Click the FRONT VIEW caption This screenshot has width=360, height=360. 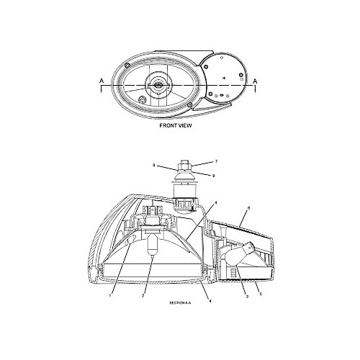click(x=176, y=125)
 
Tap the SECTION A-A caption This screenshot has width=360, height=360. click(x=180, y=303)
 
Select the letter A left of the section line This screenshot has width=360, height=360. click(x=102, y=81)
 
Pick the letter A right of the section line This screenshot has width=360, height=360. click(x=255, y=81)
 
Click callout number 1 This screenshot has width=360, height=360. click(x=110, y=296)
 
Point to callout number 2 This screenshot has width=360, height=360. click(x=143, y=296)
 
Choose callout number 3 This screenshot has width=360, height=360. click(x=247, y=297)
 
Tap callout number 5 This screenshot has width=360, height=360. click(x=261, y=294)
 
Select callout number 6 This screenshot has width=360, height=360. click(x=248, y=208)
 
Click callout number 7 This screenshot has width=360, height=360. click(x=216, y=161)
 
